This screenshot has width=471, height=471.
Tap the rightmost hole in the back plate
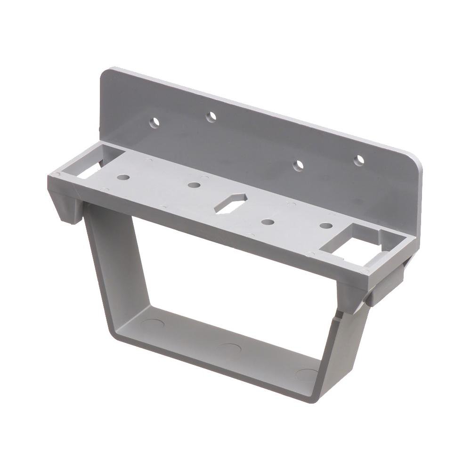pyautogui.click(x=359, y=159)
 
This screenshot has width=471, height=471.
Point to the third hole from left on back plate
pyautogui.click(x=298, y=166)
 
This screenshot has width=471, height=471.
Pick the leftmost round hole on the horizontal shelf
pyautogui.click(x=123, y=178)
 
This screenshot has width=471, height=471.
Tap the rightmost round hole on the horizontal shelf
pyautogui.click(x=324, y=226)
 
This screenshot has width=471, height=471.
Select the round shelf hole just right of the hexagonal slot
pyautogui.click(x=268, y=221)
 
